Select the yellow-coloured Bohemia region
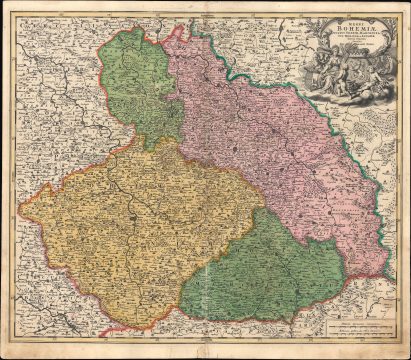point(130,230)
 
